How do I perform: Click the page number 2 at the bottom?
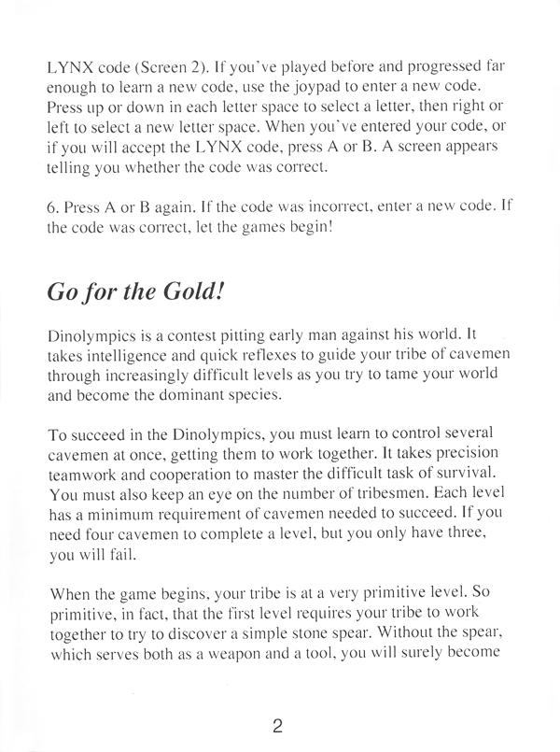(x=278, y=725)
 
